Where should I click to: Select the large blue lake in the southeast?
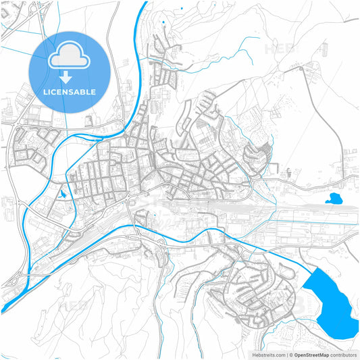coord(331,304)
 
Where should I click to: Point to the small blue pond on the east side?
coord(334,199)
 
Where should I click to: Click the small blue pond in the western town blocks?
coord(61,194)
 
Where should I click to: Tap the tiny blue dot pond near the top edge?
coord(163,24)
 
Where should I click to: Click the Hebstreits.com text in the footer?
coord(269,355)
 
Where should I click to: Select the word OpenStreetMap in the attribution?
coord(311,355)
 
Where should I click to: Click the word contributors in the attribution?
coord(343,355)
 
